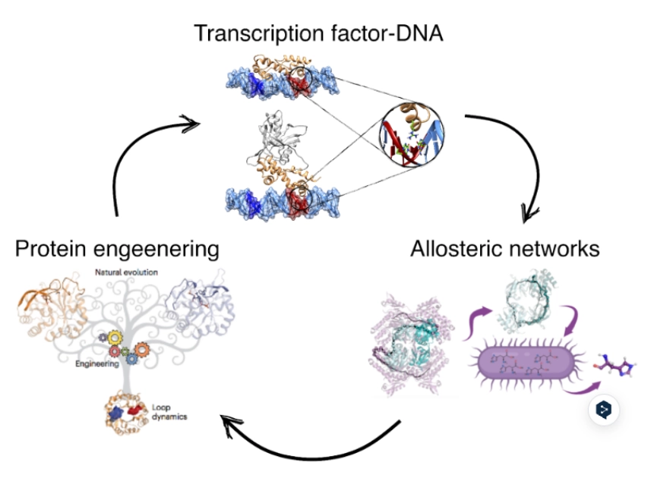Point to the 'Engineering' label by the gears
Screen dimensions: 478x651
(x=98, y=364)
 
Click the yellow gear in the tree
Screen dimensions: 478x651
(x=115, y=338)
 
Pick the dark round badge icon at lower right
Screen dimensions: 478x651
(x=604, y=410)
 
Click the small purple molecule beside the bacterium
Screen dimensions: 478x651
(x=614, y=365)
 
